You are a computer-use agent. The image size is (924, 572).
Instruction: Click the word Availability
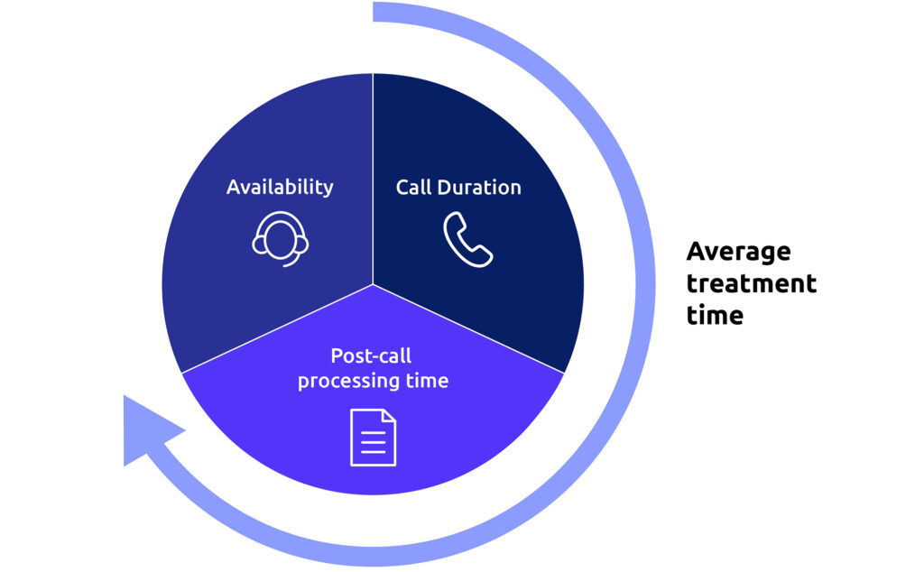280,187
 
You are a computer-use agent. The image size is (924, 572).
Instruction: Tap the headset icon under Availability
280,236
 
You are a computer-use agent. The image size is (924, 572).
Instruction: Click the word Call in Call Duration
412,188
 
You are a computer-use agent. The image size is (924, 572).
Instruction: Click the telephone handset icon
467,239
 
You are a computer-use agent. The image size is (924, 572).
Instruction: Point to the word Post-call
372,355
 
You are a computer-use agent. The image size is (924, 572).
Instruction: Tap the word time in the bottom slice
427,381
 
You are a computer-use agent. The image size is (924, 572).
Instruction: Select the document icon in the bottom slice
373,438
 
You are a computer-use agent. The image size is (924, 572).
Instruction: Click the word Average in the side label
738,251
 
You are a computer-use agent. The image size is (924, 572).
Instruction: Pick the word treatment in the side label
751,283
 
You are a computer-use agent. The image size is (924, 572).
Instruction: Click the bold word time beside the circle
715,316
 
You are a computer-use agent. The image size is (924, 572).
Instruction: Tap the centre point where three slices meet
373,284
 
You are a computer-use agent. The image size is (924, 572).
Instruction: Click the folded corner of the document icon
389,416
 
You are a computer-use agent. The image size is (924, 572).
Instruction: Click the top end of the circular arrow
377,12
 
